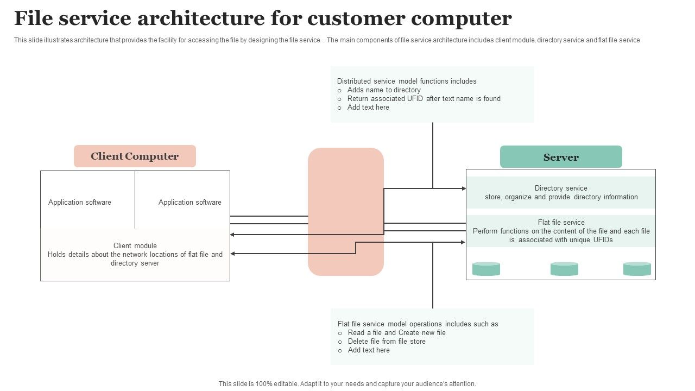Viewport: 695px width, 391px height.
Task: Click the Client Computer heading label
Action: (135, 156)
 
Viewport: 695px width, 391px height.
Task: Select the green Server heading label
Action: (561, 157)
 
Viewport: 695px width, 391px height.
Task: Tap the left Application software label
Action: (80, 203)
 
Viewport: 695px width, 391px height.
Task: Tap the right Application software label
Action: (190, 203)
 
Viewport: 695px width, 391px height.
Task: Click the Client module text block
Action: (135, 254)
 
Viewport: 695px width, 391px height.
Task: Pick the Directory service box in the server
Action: (561, 193)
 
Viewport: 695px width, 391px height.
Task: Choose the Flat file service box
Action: (561, 231)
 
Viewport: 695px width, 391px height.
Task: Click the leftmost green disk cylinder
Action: (486, 269)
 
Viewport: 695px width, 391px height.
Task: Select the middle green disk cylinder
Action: (564, 269)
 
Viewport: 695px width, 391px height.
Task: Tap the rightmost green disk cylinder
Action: (637, 269)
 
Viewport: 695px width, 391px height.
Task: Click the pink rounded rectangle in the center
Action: (346, 212)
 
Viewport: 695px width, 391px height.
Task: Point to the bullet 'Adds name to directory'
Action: (384, 90)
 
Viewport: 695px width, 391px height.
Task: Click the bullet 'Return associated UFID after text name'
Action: (424, 99)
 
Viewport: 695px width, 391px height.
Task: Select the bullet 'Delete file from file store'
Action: (387, 342)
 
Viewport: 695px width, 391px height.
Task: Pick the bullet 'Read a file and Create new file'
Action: (396, 333)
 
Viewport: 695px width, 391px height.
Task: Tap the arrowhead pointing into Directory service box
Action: (464, 188)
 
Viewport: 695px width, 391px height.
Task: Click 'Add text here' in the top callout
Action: (368, 108)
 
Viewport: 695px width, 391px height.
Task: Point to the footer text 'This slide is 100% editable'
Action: (347, 384)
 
